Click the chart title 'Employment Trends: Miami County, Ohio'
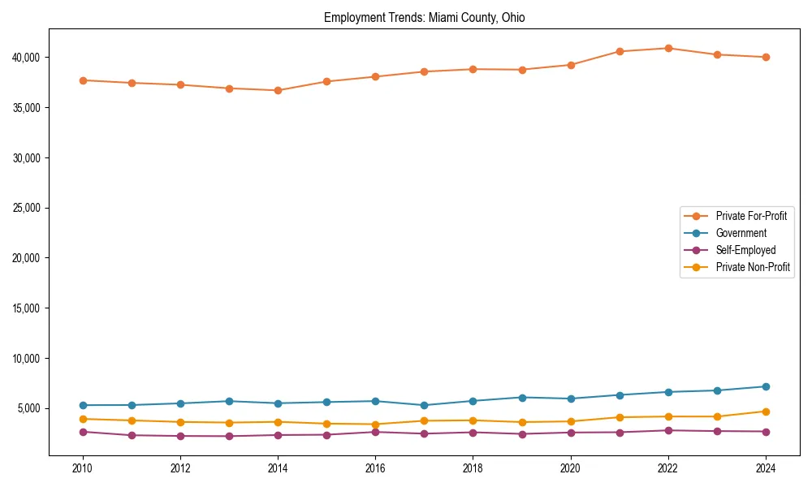tap(424, 18)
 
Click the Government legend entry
tap(741, 233)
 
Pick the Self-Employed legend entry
tap(745, 250)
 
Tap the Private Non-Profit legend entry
tap(753, 267)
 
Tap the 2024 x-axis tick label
tap(766, 468)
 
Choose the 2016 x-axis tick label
tap(375, 468)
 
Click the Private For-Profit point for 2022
tap(668, 48)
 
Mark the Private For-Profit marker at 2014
tap(278, 90)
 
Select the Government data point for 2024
tap(766, 386)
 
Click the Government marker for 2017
tap(424, 405)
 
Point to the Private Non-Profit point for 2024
tap(766, 412)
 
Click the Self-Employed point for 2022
tap(668, 430)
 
